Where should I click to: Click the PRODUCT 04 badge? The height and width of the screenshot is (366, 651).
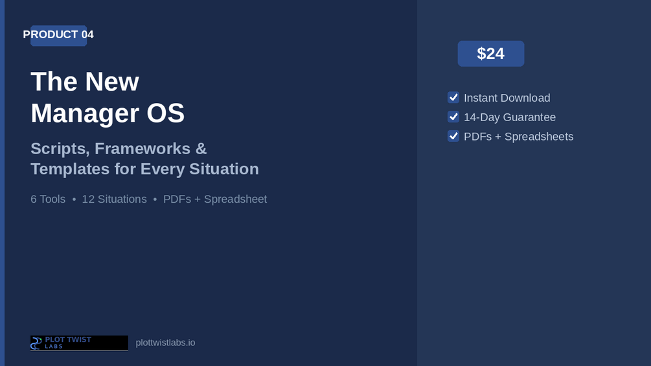(58, 35)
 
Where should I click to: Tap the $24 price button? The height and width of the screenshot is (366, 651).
(491, 54)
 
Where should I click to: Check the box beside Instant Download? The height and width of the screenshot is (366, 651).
(453, 98)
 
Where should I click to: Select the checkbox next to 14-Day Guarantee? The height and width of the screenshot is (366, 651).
(453, 117)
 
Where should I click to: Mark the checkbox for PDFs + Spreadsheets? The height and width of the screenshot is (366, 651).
(453, 136)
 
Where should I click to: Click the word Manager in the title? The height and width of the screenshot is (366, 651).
(85, 113)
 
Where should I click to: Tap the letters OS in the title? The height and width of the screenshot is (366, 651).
(165, 113)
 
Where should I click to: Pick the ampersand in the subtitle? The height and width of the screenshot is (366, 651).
(201, 148)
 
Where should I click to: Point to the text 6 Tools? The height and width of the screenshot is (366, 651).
(48, 199)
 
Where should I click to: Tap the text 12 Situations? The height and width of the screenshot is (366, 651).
(114, 199)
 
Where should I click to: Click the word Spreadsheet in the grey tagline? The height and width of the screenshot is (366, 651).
(235, 200)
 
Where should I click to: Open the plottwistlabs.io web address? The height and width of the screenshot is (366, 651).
(165, 343)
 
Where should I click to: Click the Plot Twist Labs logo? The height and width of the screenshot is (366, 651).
(79, 343)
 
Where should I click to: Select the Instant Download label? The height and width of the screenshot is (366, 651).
(507, 98)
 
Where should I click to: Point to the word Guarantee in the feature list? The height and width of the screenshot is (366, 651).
(529, 117)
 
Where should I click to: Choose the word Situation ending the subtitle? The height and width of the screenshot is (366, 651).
(224, 169)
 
